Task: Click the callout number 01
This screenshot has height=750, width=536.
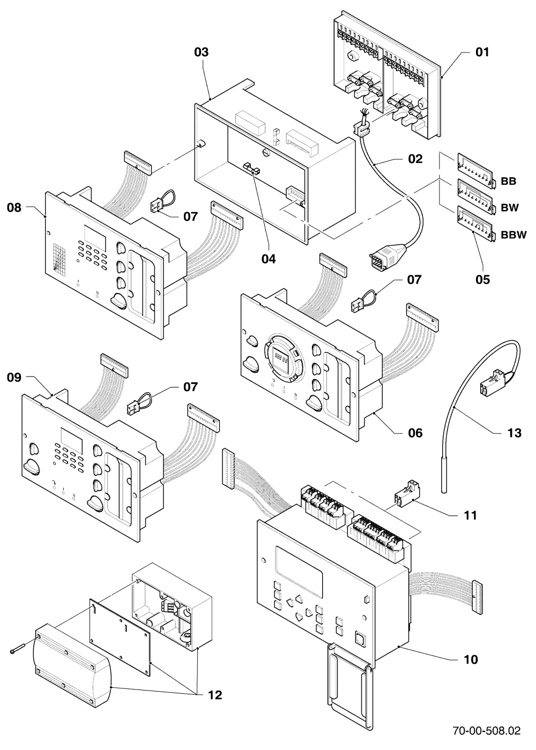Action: pos(482,52)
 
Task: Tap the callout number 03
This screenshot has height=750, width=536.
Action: pos(202,52)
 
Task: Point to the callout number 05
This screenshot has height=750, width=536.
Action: pos(482,279)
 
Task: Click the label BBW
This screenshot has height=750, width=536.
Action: pos(513,235)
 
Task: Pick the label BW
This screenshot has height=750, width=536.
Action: pos(510,208)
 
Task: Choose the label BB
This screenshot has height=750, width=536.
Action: pos(508,181)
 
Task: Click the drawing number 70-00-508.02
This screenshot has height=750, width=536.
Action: pos(487,730)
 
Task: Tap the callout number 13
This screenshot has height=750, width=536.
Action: pos(514,433)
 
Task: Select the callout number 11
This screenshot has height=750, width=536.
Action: pos(470,515)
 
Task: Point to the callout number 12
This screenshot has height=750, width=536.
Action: pos(215,686)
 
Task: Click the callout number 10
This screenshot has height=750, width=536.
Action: pos(471,659)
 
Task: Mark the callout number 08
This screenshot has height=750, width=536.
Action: pos(14,208)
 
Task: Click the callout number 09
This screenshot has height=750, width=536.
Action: pos(14,377)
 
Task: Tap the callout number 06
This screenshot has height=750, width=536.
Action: pos(415,433)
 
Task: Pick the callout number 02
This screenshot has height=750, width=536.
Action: pos(415,159)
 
